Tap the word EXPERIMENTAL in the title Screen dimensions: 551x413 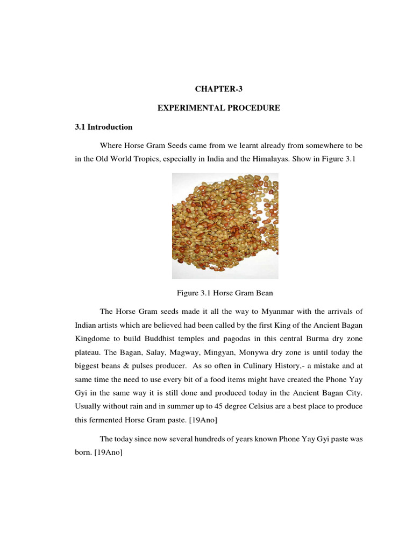coord(186,108)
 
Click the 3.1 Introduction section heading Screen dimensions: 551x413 coord(103,128)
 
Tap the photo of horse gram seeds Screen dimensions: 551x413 coord(225,225)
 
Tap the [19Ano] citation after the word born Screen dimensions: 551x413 coord(108,454)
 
